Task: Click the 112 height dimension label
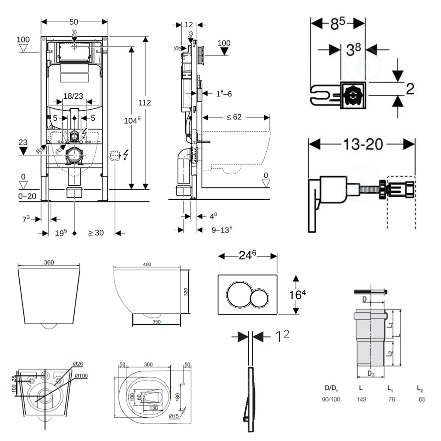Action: tap(145, 103)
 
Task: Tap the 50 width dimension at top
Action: tap(74, 21)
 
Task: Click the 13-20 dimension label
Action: tap(362, 144)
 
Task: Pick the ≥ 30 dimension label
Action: tap(95, 233)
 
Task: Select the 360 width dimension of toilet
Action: tap(49, 262)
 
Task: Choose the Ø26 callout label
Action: tap(78, 364)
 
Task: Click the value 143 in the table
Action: tap(362, 399)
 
